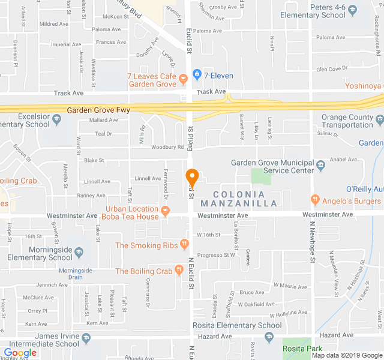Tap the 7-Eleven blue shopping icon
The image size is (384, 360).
tap(197, 75)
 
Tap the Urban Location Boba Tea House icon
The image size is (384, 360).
tap(166, 211)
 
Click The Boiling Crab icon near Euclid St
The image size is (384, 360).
tap(178, 271)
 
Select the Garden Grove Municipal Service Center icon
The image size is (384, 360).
tap(320, 163)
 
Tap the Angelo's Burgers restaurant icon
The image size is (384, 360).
tap(315, 199)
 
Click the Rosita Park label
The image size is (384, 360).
tap(302, 349)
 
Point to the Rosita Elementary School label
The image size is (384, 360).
tap(237, 326)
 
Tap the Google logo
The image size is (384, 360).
tap(20, 353)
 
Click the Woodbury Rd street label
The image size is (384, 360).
tap(167, 147)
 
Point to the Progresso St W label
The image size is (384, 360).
tap(217, 255)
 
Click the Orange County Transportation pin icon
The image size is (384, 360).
tap(379, 121)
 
